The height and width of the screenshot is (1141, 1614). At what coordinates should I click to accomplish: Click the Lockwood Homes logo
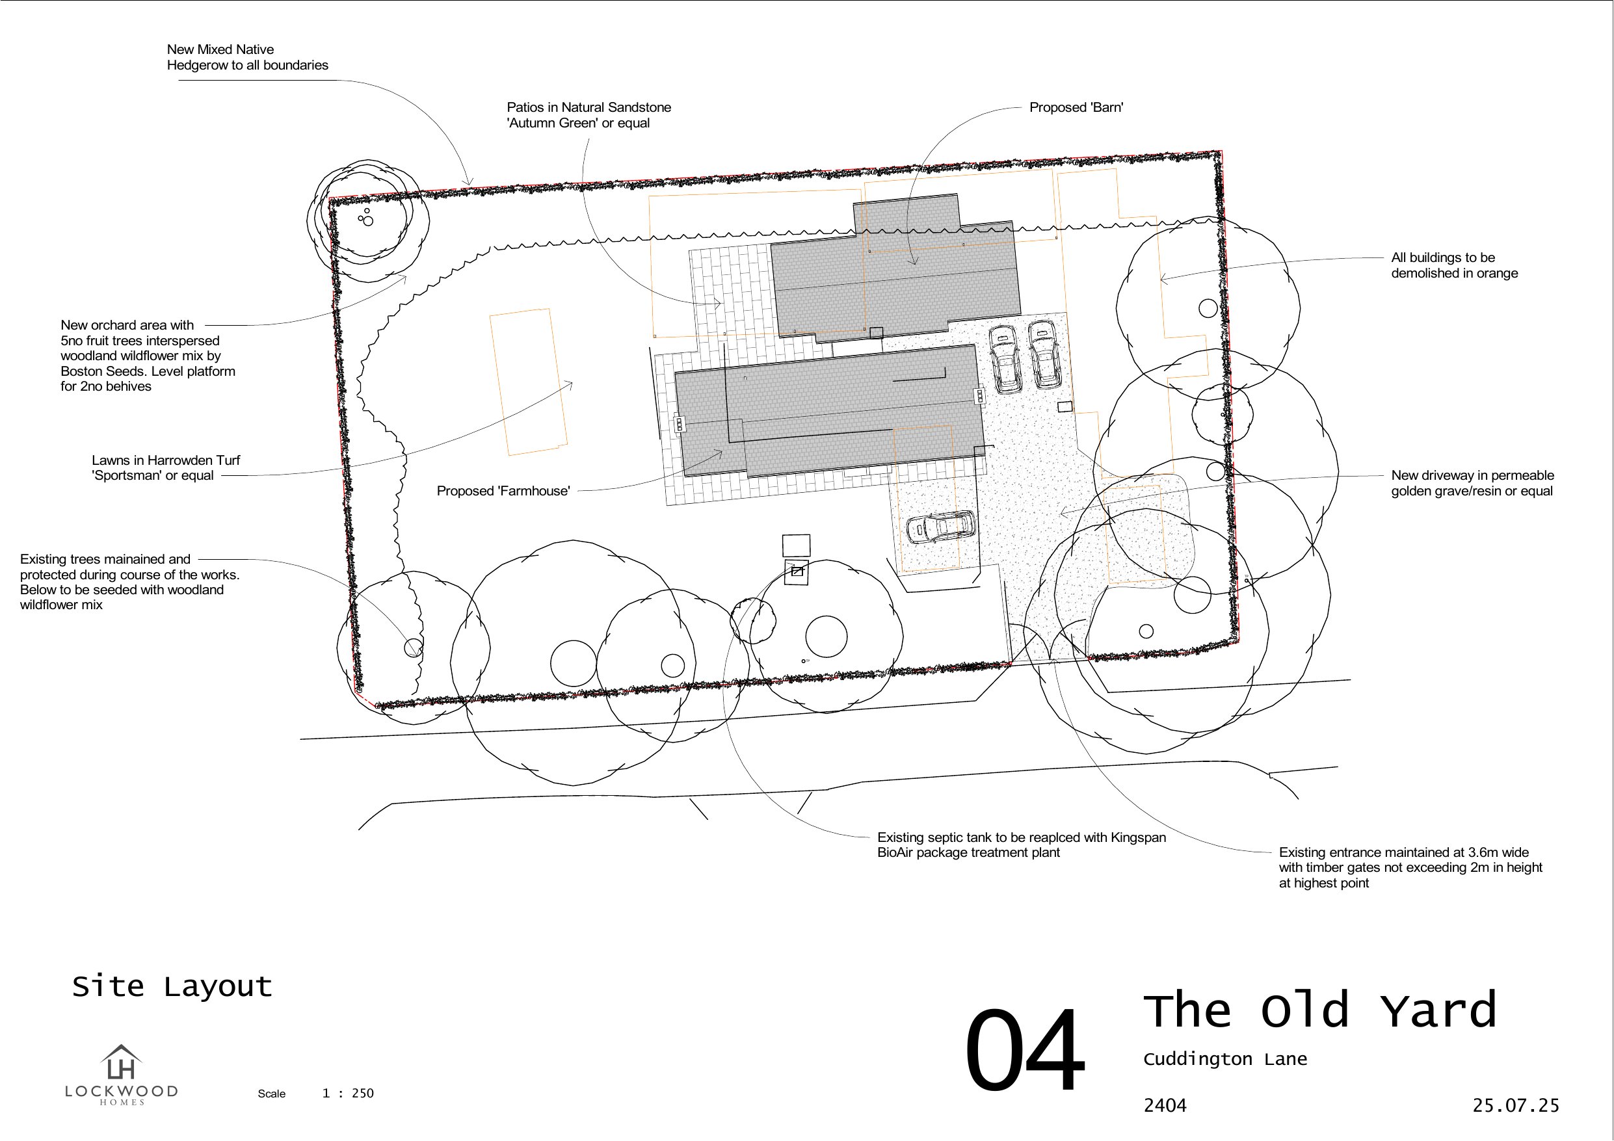pyautogui.click(x=121, y=1074)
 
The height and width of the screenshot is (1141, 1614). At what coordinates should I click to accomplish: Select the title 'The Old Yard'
pyautogui.click(x=1319, y=1010)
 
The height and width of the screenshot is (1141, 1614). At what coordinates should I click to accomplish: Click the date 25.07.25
pyautogui.click(x=1516, y=1105)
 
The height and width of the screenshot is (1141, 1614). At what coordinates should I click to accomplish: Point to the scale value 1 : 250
pyautogui.click(x=348, y=1093)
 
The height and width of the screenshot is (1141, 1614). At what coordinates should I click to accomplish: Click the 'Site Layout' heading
pyautogui.click(x=172, y=986)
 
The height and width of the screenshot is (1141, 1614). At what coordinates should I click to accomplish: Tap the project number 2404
pyautogui.click(x=1165, y=1106)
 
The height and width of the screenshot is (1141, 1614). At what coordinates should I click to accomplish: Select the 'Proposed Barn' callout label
pyautogui.click(x=1076, y=107)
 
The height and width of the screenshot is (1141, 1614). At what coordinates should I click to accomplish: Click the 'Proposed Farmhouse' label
pyautogui.click(x=503, y=491)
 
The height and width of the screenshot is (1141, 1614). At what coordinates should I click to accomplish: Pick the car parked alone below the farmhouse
pyautogui.click(x=940, y=527)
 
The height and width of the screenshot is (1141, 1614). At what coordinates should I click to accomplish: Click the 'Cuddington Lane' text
pyautogui.click(x=1224, y=1060)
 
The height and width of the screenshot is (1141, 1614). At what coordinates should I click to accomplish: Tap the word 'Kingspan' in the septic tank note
pyautogui.click(x=1138, y=837)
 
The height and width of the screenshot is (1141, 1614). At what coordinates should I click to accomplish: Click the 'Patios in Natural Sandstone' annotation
pyautogui.click(x=589, y=115)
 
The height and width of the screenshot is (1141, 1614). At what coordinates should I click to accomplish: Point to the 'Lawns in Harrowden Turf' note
pyautogui.click(x=166, y=467)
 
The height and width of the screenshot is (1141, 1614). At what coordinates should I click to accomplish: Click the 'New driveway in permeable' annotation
pyautogui.click(x=1472, y=483)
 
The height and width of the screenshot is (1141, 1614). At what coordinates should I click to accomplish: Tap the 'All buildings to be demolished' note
pyautogui.click(x=1454, y=265)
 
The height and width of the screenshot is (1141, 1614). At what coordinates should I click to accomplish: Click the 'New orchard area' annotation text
pyautogui.click(x=148, y=356)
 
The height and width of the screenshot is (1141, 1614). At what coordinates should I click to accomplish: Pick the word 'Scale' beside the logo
pyautogui.click(x=271, y=1094)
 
